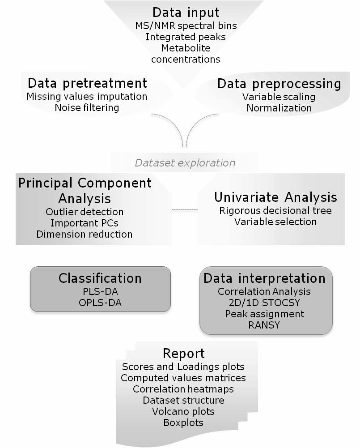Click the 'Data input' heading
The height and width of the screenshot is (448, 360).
(186, 13)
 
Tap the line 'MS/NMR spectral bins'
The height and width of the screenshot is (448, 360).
(186, 26)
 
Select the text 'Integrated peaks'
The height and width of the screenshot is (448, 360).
(186, 37)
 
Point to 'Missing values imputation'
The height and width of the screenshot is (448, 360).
(87, 97)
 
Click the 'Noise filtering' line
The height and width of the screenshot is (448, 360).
(87, 108)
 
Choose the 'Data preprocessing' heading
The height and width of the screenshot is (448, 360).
(279, 84)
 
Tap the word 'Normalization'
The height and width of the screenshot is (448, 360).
(279, 108)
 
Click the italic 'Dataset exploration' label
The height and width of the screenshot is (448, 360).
(185, 163)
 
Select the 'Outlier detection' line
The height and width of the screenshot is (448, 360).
(85, 212)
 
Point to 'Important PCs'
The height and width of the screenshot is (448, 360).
(84, 223)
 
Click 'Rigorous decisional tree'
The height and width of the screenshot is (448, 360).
(275, 210)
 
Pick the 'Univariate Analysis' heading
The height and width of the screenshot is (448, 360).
(275, 197)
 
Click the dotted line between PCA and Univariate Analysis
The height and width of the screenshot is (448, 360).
(185, 210)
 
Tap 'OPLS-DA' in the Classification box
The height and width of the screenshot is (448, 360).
(100, 303)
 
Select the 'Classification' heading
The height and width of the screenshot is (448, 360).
(100, 278)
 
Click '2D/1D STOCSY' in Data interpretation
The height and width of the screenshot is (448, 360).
(264, 303)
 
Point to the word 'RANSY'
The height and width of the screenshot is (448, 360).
(264, 325)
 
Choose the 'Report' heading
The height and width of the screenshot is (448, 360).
(183, 354)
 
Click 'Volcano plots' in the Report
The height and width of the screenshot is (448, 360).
(183, 411)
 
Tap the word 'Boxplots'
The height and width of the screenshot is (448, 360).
(183, 422)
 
